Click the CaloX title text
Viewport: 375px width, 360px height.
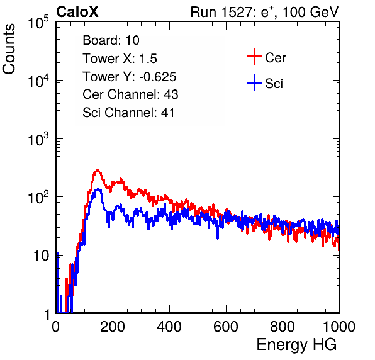coord(77,12)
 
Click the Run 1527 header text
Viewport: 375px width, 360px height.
coord(264,12)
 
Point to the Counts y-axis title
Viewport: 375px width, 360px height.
coord(9,49)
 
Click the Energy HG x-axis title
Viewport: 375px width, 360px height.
coord(296,345)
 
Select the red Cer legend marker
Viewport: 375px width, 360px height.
coord(254,57)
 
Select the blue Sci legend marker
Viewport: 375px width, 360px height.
coord(254,82)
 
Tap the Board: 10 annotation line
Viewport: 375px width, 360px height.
coord(111,40)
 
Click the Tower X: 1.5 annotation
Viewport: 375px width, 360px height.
coord(120,59)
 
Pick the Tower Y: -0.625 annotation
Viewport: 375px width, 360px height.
coord(130,77)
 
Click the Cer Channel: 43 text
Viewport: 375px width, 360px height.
coord(130,94)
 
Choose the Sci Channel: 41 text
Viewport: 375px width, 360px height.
coord(128,113)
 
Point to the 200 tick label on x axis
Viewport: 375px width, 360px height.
coord(113,327)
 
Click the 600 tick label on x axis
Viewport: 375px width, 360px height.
coord(226,327)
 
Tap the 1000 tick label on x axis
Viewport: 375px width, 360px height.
coord(339,327)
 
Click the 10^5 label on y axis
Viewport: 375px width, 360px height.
coord(38,23)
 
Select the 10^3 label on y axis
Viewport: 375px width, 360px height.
coord(38,140)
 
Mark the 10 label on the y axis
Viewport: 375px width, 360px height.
coord(42,256)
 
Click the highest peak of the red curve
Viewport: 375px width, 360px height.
coord(98,170)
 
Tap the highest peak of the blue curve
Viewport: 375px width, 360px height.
coord(98,189)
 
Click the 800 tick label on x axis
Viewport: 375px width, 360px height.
coord(283,327)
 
